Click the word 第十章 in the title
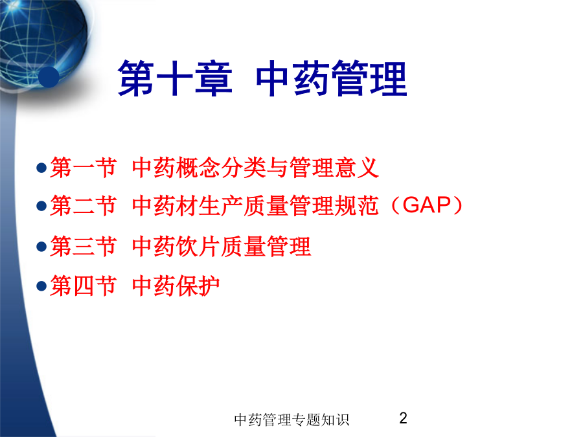(175, 78)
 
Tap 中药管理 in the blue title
(331, 78)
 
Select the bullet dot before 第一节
(41, 168)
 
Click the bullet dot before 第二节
(41, 206)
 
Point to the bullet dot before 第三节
(41, 247)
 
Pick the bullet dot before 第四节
(41, 286)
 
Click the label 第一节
(84, 168)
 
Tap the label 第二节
(84, 205)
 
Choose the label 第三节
(84, 246)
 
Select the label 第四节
(84, 286)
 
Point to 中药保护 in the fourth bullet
(176, 286)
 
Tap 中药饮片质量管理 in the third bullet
(222, 246)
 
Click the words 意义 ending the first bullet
(357, 168)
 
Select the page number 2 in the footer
(403, 418)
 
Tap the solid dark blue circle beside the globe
(49, 77)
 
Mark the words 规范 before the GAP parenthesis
(356, 205)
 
